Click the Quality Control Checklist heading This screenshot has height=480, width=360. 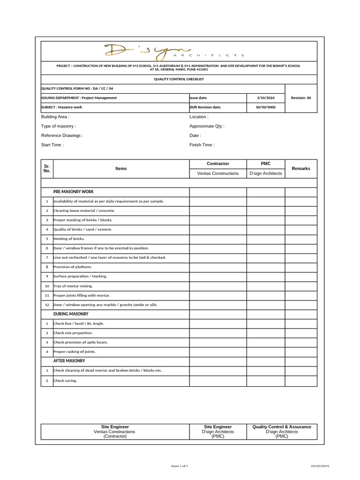point(179,79)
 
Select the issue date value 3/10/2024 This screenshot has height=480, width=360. point(266,98)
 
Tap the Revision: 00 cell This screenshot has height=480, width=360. point(301,98)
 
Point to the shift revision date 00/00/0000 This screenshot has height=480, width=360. point(266,107)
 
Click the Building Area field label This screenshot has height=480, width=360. point(55,117)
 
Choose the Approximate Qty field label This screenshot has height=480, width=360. point(207,126)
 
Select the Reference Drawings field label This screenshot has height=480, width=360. point(62,135)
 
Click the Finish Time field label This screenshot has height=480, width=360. point(202,145)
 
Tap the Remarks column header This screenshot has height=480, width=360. point(301,168)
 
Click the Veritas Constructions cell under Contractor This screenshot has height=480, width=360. point(218,173)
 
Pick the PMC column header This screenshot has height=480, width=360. point(265,164)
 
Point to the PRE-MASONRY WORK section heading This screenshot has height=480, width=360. point(74,192)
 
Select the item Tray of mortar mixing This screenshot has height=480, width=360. point(73,285)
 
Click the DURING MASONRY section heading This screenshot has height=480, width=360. point(71,314)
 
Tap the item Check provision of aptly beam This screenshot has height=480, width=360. point(81,342)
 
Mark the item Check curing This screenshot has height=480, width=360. point(65,381)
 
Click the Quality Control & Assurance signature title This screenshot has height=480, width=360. point(282,427)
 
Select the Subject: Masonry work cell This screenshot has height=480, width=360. point(62,107)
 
